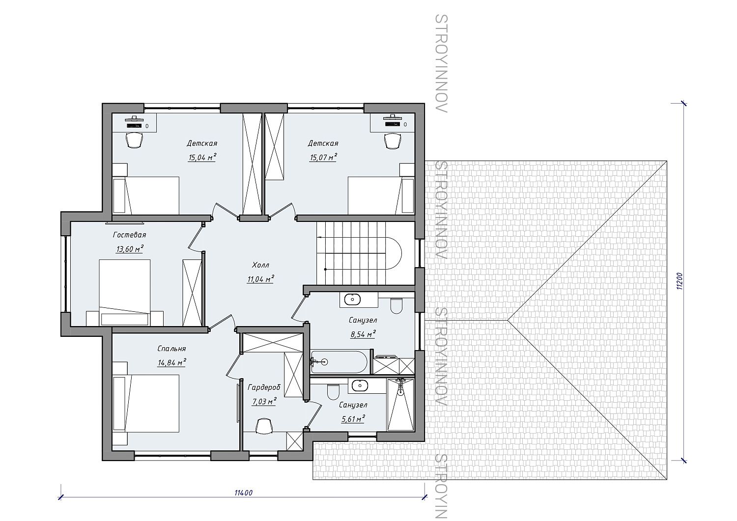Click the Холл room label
[260, 265]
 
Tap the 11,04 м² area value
[260, 279]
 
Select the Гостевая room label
[129, 235]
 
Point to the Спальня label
[171, 349]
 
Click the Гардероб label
[264, 387]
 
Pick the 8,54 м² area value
[363, 334]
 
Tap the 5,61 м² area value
[353, 419]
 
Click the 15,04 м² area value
[202, 157]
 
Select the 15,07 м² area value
[323, 157]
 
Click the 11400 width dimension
[244, 493]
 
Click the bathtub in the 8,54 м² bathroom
[339, 362]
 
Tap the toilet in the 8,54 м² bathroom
[396, 305]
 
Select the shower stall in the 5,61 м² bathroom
[400, 404]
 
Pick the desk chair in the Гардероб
[264, 426]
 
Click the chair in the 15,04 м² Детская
[134, 140]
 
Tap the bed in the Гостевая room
[125, 292]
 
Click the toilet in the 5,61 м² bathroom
[333, 391]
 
